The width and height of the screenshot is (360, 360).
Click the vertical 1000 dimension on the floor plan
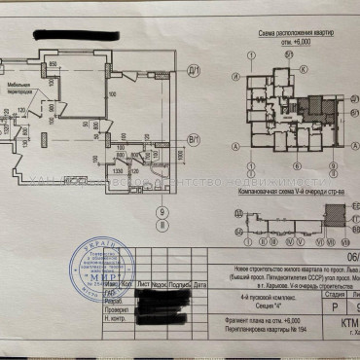tap(181, 153)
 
